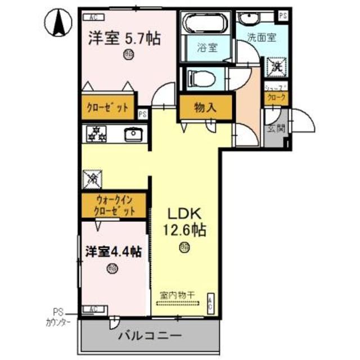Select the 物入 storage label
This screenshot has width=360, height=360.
205,107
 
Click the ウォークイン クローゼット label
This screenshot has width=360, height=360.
115,206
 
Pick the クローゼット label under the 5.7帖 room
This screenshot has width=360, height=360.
107,107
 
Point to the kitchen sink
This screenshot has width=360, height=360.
133,134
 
